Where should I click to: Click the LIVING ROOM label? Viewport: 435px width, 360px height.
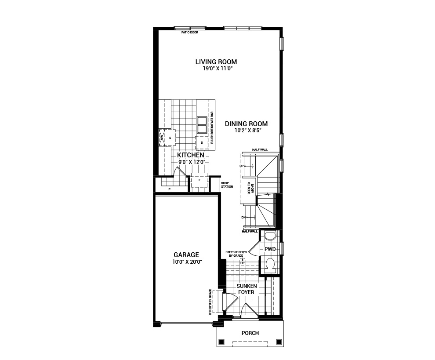216,62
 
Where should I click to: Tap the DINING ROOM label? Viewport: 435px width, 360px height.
246,124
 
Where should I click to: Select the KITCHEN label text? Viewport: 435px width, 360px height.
190,155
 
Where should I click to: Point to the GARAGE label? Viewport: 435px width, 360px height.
186,255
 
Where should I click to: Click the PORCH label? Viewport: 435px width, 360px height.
250,333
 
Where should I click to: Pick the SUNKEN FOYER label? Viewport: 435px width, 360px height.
247,289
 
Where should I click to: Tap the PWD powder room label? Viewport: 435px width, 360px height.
270,249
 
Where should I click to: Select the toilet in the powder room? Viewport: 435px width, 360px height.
270,265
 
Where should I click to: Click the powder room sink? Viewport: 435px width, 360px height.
270,236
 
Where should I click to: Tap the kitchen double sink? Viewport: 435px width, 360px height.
202,125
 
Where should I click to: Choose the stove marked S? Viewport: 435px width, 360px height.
170,138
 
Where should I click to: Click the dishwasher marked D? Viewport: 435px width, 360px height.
202,143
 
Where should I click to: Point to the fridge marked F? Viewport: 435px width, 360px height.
199,180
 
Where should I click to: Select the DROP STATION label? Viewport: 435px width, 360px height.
227,185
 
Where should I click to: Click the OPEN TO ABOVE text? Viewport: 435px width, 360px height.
250,188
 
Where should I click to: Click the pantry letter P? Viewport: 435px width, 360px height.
169,189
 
